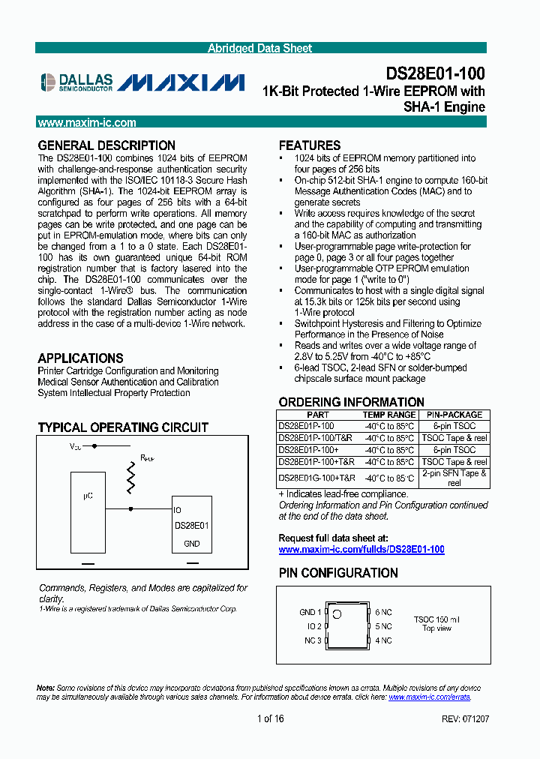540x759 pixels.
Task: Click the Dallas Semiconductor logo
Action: point(76,82)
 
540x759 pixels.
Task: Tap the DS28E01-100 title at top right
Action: point(435,73)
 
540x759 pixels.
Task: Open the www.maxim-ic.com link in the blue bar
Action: point(87,123)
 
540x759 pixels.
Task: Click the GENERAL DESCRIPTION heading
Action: point(106,145)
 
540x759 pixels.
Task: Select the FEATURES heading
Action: point(309,145)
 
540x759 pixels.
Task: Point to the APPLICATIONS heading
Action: point(80,358)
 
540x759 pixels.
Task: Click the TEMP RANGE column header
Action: point(388,415)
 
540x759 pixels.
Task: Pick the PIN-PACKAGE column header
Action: point(454,415)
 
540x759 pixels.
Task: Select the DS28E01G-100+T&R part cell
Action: point(316,478)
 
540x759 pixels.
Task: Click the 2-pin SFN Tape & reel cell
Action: point(454,478)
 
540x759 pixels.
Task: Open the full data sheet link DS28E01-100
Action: point(361,550)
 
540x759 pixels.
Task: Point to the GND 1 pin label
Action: point(310,612)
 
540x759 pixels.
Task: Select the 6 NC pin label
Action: point(384,612)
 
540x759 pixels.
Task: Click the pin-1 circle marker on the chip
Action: point(337,615)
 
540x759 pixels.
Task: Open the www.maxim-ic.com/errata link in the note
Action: point(429,697)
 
